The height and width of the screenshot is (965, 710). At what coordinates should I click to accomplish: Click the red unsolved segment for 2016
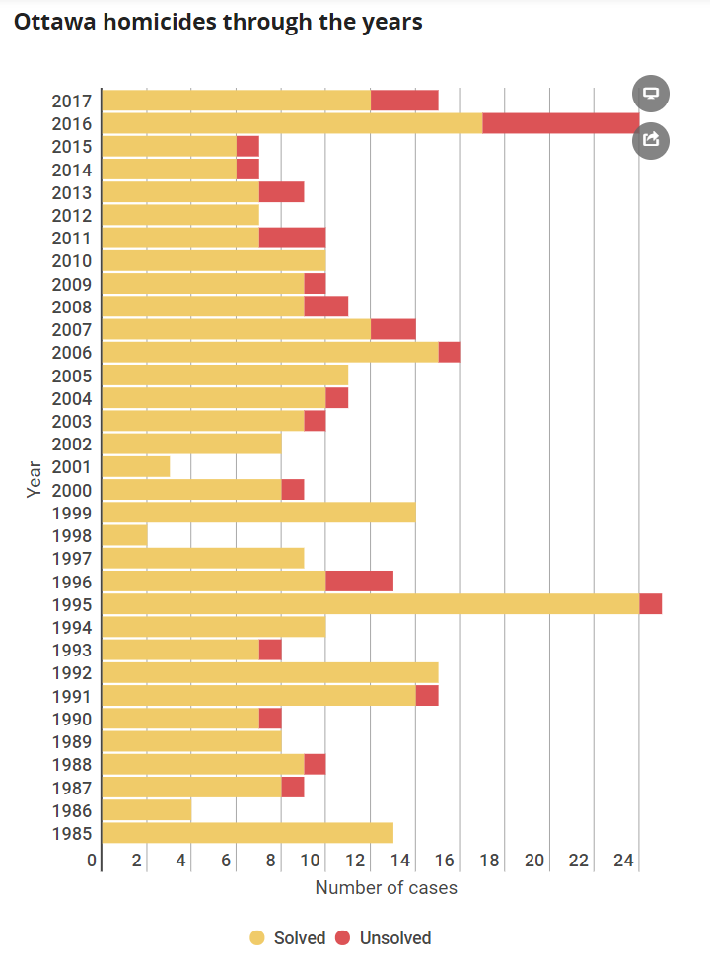click(560, 123)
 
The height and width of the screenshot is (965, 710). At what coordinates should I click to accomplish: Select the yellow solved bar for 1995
click(370, 604)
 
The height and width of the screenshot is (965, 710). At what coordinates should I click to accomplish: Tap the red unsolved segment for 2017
click(404, 100)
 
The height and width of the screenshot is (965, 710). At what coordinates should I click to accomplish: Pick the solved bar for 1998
click(124, 535)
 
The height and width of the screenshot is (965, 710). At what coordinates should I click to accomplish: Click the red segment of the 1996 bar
click(359, 582)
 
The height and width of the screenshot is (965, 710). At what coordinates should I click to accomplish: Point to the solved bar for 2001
click(135, 466)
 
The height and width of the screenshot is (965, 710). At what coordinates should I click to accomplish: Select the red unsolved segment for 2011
click(292, 238)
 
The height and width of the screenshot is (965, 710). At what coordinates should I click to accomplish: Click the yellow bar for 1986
click(146, 810)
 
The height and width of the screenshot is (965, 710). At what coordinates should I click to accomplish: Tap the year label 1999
click(72, 513)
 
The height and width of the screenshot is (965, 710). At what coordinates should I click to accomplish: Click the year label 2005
click(72, 376)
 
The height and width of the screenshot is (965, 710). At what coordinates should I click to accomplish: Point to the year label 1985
click(72, 834)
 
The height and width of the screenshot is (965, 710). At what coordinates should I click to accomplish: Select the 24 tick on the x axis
click(623, 861)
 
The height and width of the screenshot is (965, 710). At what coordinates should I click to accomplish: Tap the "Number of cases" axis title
click(386, 888)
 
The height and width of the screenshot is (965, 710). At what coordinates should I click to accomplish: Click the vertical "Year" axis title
click(35, 479)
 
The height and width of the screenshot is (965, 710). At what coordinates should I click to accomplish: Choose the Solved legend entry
click(288, 937)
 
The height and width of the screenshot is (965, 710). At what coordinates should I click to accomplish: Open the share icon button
click(651, 139)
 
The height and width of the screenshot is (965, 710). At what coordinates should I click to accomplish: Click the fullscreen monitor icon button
click(651, 94)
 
